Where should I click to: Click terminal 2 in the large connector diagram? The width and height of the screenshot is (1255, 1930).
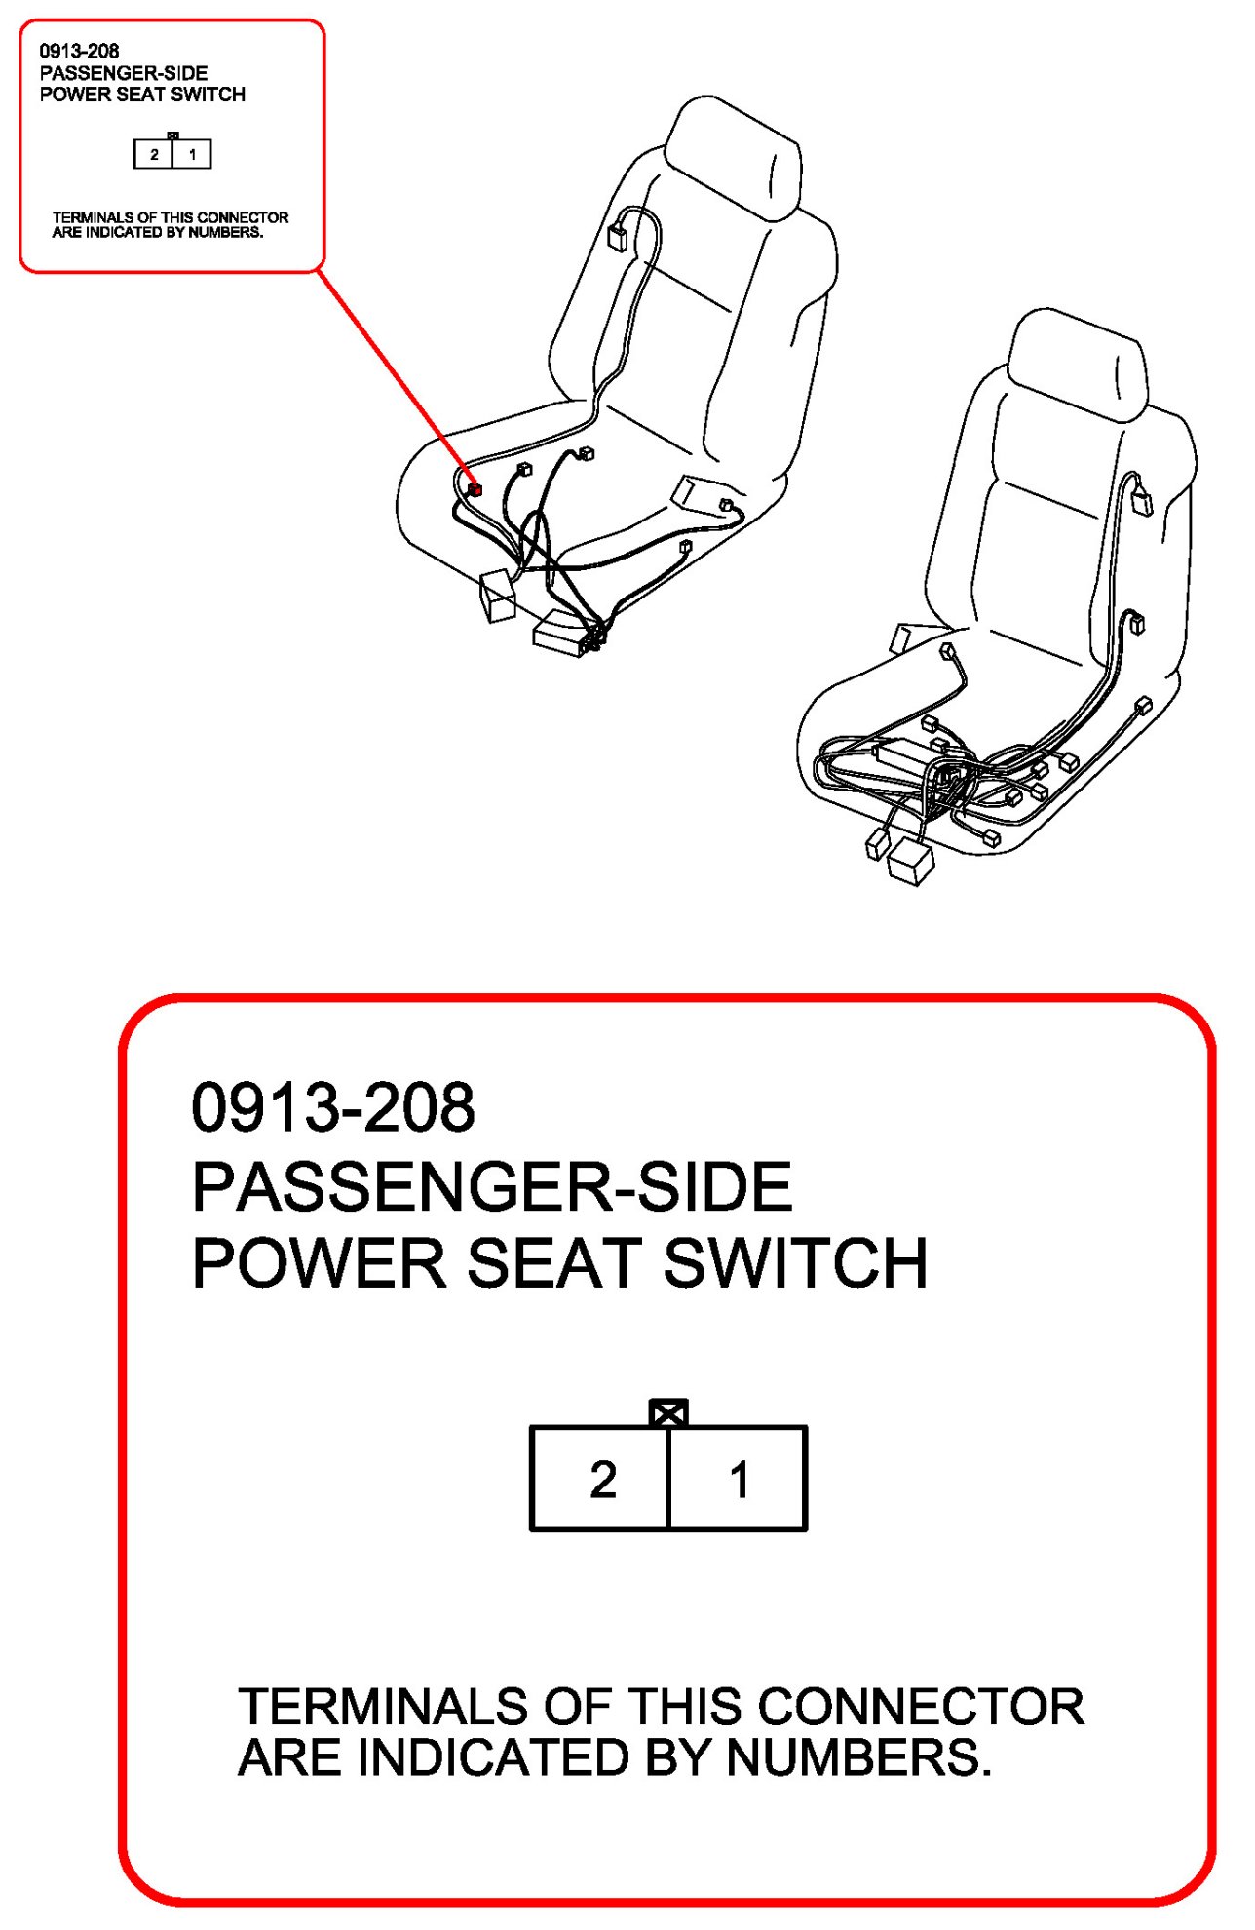click(x=600, y=1479)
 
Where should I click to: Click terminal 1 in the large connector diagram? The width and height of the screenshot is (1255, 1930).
click(x=738, y=1479)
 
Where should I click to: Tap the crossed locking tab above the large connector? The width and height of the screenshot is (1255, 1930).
click(x=668, y=1413)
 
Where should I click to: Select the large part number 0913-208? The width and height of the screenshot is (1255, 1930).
click(x=333, y=1107)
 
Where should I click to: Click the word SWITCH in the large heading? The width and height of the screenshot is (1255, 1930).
click(x=795, y=1263)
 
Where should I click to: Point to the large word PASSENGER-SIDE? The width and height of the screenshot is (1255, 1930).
click(x=492, y=1186)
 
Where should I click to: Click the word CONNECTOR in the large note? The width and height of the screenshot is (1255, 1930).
click(x=921, y=1707)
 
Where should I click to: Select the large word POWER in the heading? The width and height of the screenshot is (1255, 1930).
click(x=319, y=1263)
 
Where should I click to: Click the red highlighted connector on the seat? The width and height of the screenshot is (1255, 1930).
click(x=475, y=490)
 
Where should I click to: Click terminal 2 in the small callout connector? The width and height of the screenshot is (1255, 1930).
click(x=154, y=154)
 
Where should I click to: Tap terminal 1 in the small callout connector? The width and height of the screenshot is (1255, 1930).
click(x=192, y=154)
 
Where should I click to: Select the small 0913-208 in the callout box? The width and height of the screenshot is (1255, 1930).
click(x=79, y=51)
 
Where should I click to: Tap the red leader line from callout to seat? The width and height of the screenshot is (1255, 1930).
click(x=395, y=377)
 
